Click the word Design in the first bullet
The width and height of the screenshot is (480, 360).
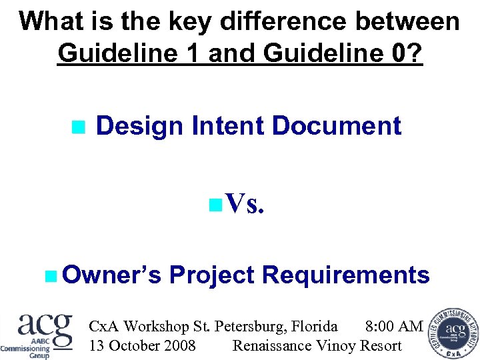(x=139, y=126)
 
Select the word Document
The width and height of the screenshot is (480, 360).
(x=337, y=126)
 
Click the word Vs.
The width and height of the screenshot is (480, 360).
(x=246, y=204)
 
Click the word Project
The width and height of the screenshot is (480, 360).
(x=212, y=274)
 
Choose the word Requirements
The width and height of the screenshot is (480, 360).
(x=346, y=274)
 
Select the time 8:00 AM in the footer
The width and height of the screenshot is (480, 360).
(x=394, y=326)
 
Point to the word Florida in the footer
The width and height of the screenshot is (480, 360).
(x=313, y=326)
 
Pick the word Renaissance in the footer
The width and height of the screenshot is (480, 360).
(x=271, y=345)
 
